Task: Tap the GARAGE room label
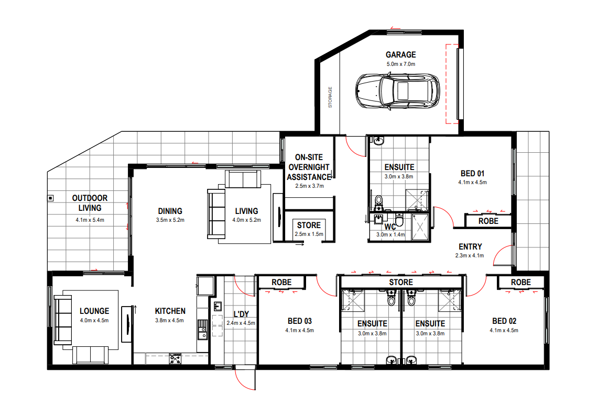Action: [x=400, y=54]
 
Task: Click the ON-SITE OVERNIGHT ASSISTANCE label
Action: [x=309, y=167]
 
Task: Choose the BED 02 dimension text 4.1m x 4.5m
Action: [x=504, y=330]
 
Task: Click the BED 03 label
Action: [x=299, y=321]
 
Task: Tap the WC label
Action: [x=389, y=227]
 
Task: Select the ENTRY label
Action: [x=470, y=246]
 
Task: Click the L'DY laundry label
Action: [x=241, y=314]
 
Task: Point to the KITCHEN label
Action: [x=170, y=311]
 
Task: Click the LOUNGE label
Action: [x=94, y=311]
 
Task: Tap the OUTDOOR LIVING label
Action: [x=90, y=202]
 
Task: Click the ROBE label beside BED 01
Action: [x=488, y=221]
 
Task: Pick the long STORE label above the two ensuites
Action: [x=401, y=282]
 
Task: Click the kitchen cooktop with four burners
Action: [x=176, y=358]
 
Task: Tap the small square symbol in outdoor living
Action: [x=50, y=198]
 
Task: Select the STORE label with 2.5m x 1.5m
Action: [x=309, y=225]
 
